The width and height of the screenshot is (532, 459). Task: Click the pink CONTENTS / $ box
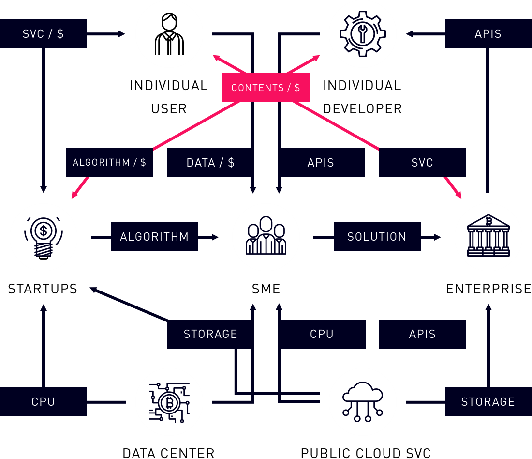pos(266,88)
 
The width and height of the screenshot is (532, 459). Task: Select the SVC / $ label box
pos(43,34)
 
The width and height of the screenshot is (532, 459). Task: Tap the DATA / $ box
pos(210,163)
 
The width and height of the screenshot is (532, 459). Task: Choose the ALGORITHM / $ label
pos(109,163)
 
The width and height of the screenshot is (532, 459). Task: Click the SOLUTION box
pos(377,237)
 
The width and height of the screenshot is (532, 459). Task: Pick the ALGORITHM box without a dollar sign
pos(154,237)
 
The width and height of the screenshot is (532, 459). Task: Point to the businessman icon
pos(169,34)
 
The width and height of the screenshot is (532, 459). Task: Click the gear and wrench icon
pos(363,34)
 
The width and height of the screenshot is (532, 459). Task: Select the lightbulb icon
pos(44,237)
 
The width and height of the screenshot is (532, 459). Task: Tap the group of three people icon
pos(266,237)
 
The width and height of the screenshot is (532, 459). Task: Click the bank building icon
pos(488,237)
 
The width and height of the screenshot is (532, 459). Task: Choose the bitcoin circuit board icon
pos(169,402)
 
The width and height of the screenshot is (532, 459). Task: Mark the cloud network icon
pos(363,402)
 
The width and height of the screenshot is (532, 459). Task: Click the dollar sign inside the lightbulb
pos(44,230)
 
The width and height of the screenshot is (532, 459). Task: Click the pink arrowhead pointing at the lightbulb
pos(74,195)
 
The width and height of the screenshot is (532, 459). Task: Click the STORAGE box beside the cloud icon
pos(488,402)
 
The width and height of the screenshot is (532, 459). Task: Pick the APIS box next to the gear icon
pos(488,34)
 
